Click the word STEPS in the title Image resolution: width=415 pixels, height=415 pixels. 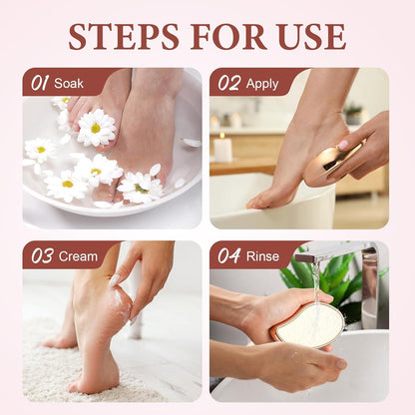coord(124,37)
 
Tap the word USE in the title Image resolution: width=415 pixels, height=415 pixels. coord(311,37)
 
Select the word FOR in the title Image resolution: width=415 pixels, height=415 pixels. coord(228,37)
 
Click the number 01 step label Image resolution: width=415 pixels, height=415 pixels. coord(40,83)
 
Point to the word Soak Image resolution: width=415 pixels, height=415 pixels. coord(69,83)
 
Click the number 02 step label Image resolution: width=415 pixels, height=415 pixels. coord(228,83)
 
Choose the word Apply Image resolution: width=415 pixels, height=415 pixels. coord(262,84)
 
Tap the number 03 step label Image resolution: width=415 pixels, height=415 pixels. coord(42,256)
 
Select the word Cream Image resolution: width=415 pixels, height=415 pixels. coord(78,256)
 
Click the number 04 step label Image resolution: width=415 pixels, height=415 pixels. coord(229,256)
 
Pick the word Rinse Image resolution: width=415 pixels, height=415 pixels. coord(262,256)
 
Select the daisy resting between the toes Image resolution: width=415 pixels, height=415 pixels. coord(96,128)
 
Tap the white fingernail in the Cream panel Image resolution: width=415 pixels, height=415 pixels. coord(114,280)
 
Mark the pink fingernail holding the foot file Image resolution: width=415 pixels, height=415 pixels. coord(343,145)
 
